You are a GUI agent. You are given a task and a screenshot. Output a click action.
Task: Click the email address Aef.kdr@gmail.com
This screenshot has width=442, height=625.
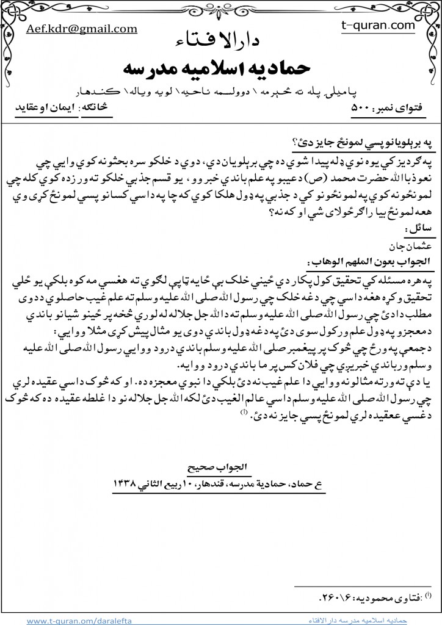pos(81,29)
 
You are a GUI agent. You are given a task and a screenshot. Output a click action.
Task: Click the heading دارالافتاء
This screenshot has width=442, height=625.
pos(221,42)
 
